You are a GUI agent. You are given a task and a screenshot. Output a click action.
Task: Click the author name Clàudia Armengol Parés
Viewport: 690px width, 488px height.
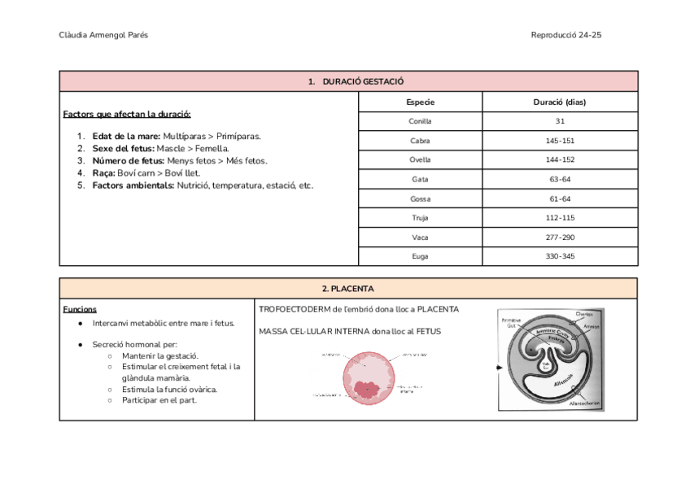pos(103,35)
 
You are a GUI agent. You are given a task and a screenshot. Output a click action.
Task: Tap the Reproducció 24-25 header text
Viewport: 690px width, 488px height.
pos(566,35)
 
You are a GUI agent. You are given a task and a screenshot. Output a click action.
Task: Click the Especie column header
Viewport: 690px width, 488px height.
pos(420,102)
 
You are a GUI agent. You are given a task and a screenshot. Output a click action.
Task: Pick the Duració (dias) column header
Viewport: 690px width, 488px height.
pos(559,102)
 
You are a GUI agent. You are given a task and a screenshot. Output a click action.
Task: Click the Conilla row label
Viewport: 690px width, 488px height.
pos(420,121)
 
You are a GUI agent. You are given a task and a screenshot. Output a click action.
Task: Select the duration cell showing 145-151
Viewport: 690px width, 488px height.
pos(559,141)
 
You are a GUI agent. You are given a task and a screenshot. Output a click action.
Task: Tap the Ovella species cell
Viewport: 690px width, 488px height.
pos(420,160)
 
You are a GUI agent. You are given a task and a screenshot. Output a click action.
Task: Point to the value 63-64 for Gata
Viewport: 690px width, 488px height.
pos(559,179)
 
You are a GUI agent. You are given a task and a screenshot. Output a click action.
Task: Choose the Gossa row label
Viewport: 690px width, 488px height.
pos(420,198)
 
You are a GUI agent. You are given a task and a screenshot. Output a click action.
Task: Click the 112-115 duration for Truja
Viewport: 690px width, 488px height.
pos(559,218)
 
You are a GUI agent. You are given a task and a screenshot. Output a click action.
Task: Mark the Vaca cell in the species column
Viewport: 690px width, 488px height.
pos(420,237)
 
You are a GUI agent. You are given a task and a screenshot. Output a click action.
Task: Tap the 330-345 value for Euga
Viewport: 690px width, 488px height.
pos(559,256)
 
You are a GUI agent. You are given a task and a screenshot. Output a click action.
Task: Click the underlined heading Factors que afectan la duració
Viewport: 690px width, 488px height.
pos(127,114)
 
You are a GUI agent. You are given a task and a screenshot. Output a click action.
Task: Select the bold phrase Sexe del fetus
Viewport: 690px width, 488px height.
pos(123,149)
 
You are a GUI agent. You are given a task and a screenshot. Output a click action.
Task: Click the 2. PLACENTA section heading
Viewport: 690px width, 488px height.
pos(347,289)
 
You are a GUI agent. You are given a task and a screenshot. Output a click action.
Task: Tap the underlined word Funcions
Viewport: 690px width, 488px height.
pos(80,309)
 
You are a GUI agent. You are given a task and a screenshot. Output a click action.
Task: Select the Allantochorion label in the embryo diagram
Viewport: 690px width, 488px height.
pos(585,403)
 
